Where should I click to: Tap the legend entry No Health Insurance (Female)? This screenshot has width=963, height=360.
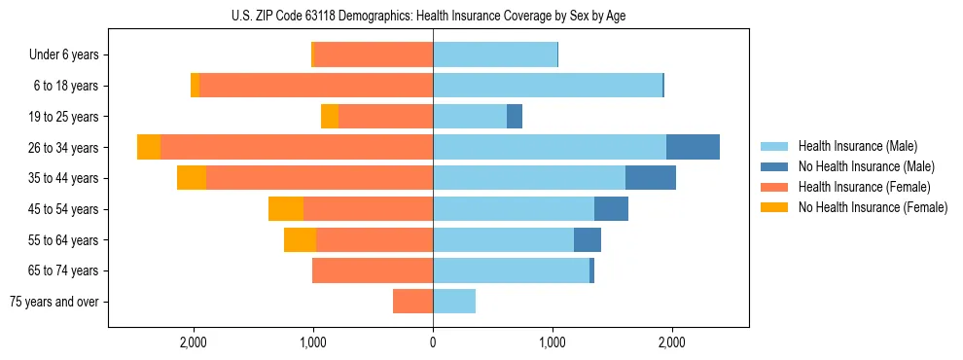[x=873, y=207]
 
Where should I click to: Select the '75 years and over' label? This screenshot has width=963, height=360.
[x=54, y=302]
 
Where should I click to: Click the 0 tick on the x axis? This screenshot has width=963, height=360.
[x=433, y=342]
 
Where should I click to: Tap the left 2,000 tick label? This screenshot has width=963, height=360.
[x=194, y=342]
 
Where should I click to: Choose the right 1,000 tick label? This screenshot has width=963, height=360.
[x=553, y=342]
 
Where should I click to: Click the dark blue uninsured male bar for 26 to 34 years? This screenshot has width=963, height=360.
[x=693, y=147]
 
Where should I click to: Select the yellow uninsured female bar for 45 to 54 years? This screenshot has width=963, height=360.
[x=286, y=209]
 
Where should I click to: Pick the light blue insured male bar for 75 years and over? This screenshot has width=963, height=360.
[x=454, y=302]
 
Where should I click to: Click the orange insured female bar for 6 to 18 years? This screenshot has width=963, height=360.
[x=316, y=86]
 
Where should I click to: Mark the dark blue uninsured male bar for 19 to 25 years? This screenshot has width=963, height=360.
[x=515, y=117]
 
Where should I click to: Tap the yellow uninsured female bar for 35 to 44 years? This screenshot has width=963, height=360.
[x=192, y=178]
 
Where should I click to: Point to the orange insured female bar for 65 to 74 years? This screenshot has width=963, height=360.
[x=373, y=270]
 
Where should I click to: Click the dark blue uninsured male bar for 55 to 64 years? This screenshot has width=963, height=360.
[x=588, y=240]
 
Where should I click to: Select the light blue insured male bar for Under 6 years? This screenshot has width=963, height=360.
[x=495, y=55]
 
